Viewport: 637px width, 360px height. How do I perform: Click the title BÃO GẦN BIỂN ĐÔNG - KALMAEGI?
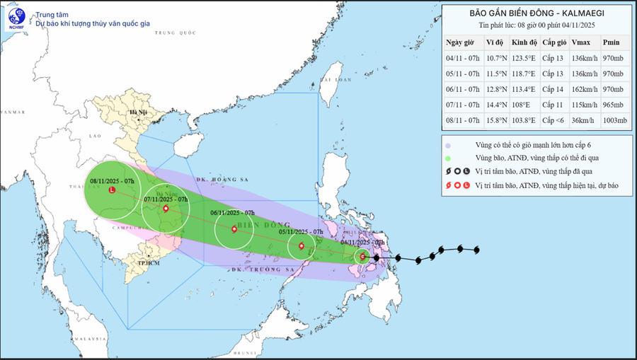click(x=538, y=13)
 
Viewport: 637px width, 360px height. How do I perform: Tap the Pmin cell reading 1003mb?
click(x=614, y=121)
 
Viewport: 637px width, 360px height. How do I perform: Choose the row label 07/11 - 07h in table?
click(x=463, y=105)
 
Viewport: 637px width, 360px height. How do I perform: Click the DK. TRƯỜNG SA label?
click(x=261, y=270)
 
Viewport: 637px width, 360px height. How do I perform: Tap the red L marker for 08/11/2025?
click(x=112, y=190)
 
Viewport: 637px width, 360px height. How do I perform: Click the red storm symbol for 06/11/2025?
click(x=235, y=228)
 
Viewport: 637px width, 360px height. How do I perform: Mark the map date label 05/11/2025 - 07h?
click(x=301, y=232)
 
